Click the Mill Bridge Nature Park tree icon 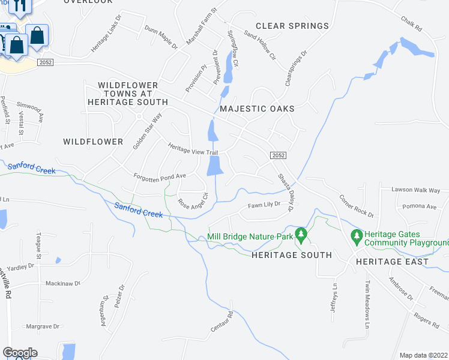(301, 235)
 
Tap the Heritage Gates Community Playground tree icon (357, 236)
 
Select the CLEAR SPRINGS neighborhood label (292, 26)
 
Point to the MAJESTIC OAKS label (257, 109)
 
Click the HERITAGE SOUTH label (291, 255)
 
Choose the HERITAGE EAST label (392, 262)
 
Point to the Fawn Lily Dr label (264, 205)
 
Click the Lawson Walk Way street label (416, 190)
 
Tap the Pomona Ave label (420, 206)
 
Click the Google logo (20, 353)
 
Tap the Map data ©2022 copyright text (423, 355)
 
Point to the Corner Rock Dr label (356, 206)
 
